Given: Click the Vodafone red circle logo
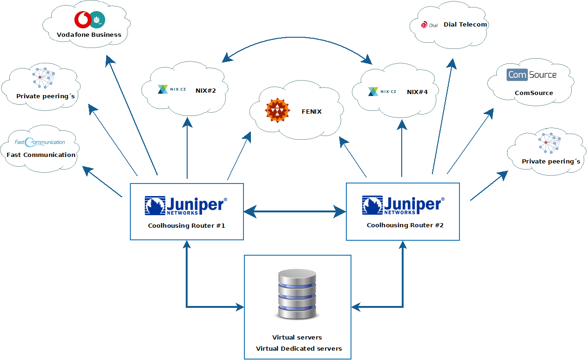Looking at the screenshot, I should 82,20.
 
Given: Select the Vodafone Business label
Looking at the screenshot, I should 89,34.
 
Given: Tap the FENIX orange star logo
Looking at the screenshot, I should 277,111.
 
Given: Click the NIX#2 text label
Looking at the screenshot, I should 206,90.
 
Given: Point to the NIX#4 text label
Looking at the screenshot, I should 417,92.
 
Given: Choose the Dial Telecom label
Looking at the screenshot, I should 465,24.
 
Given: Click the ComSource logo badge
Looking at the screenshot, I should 532,75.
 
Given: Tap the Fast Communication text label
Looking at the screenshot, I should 41,155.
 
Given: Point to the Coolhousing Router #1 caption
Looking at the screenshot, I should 187,225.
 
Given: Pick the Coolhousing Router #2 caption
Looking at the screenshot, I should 405,225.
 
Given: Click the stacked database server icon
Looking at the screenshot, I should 297,294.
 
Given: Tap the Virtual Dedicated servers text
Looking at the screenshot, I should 299,348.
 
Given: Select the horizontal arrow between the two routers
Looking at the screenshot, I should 295,212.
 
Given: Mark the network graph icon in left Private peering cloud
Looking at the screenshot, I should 43,77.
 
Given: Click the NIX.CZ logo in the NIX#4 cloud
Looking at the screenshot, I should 382,92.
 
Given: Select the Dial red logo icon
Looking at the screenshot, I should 424,25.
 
